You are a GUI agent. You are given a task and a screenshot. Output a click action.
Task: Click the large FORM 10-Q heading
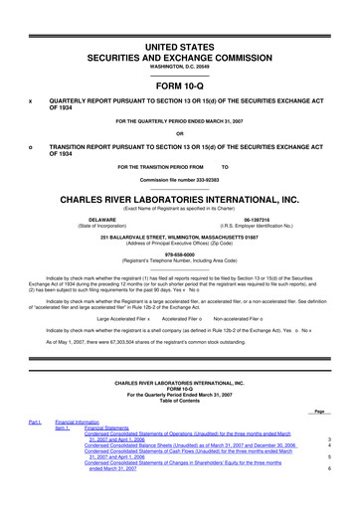point(180,84)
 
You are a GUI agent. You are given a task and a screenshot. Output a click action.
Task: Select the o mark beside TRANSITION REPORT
point(31,146)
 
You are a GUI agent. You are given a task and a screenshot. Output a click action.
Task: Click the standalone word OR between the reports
point(179,134)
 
